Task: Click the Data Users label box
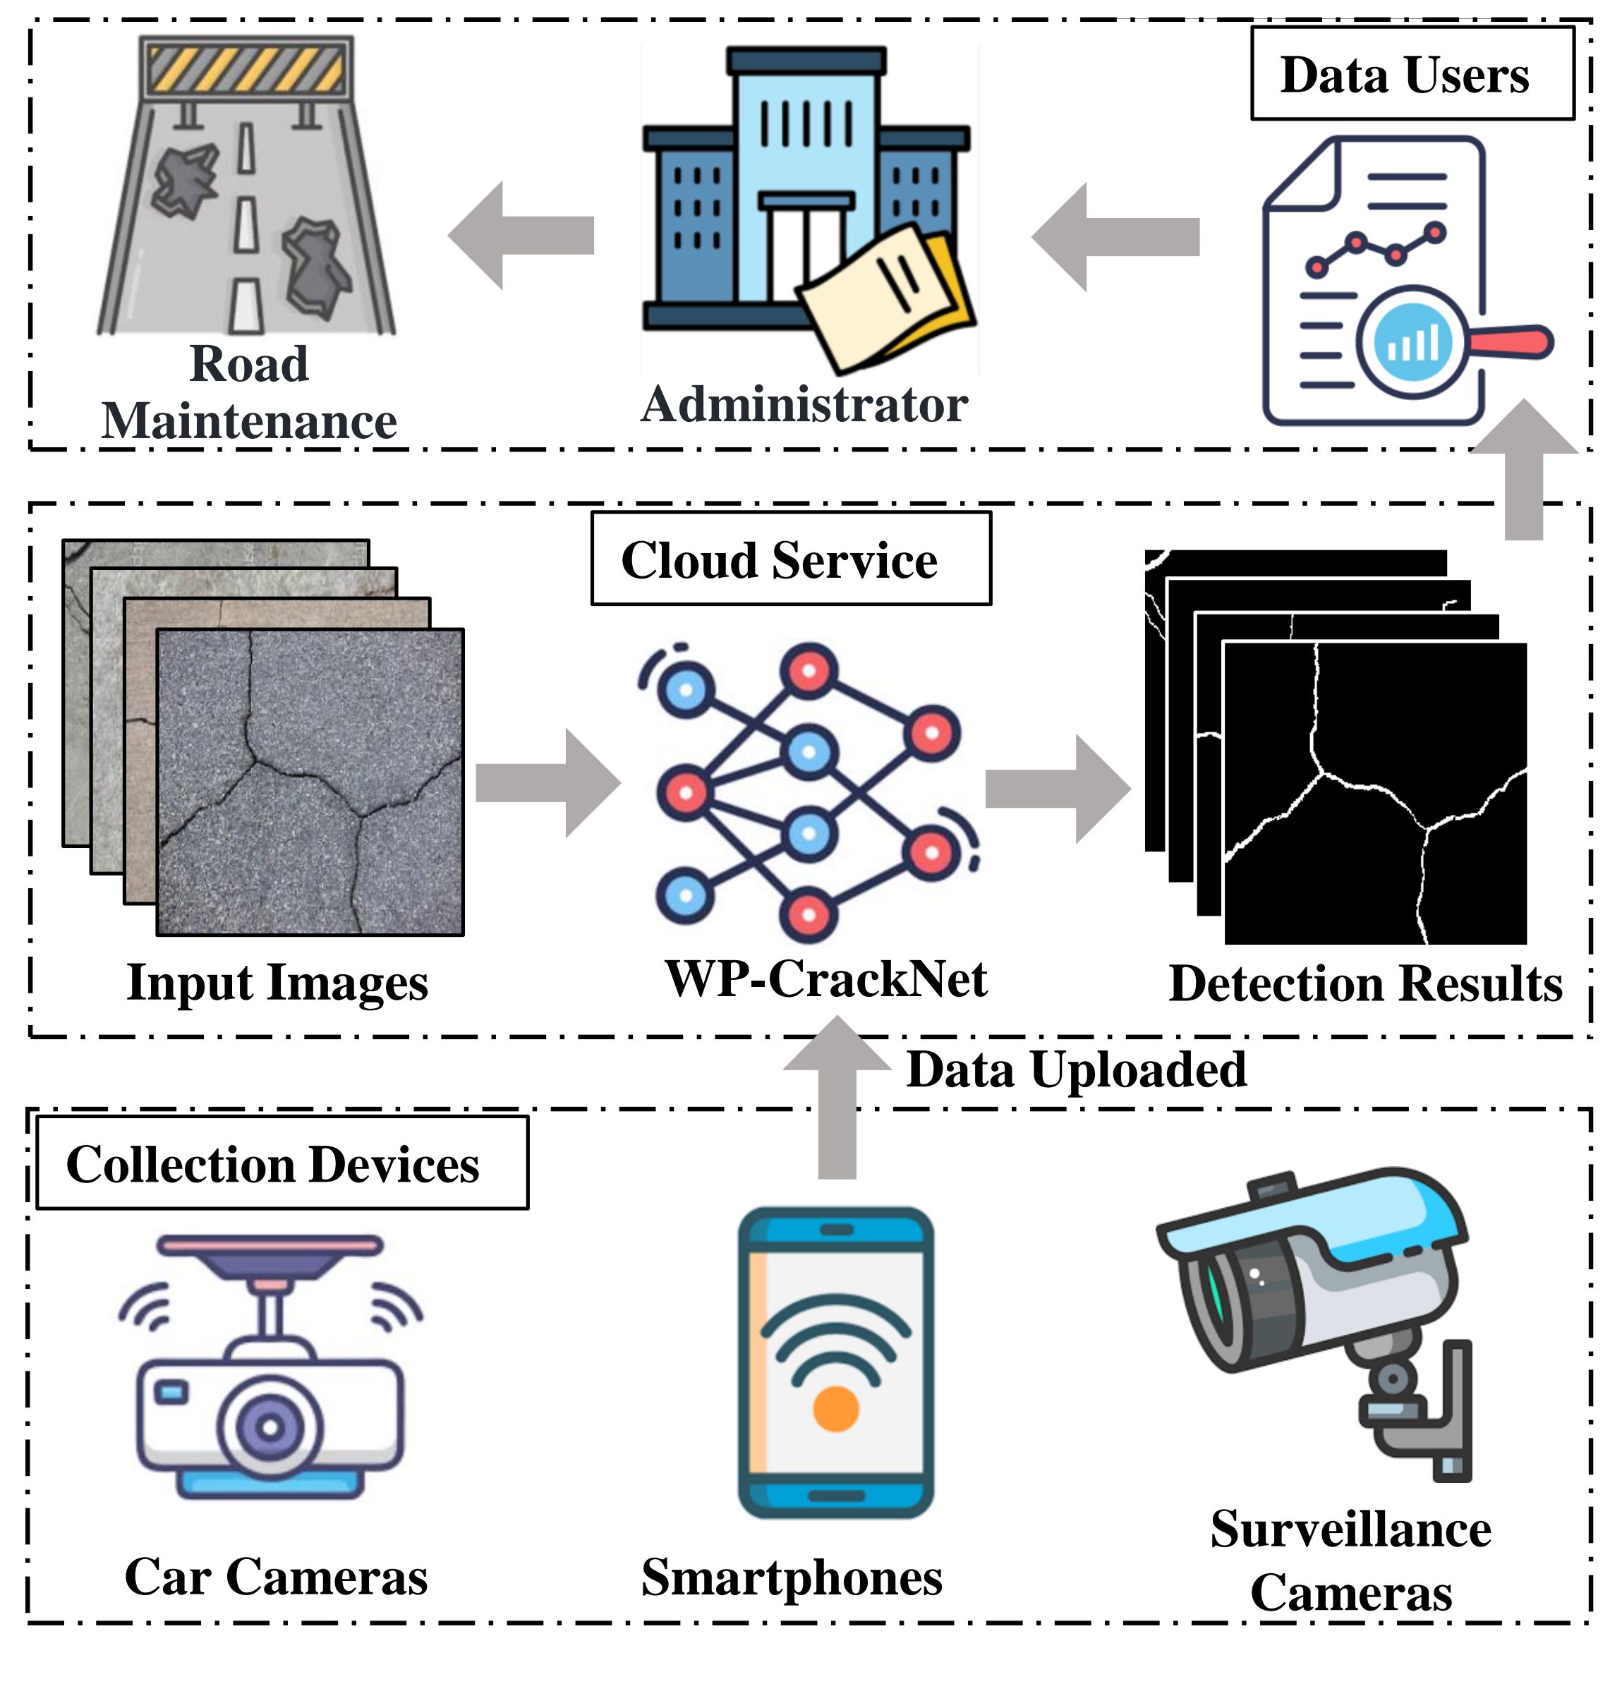coord(1411,73)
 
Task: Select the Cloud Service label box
coord(790,559)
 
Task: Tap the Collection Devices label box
coord(282,1163)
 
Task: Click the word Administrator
coord(804,404)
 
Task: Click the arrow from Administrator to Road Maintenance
coord(522,235)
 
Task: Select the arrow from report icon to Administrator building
coord(1115,236)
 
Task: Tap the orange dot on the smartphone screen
coord(835,1408)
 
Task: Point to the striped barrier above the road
coord(247,69)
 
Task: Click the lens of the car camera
coord(270,1427)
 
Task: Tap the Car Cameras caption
coord(277,1576)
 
